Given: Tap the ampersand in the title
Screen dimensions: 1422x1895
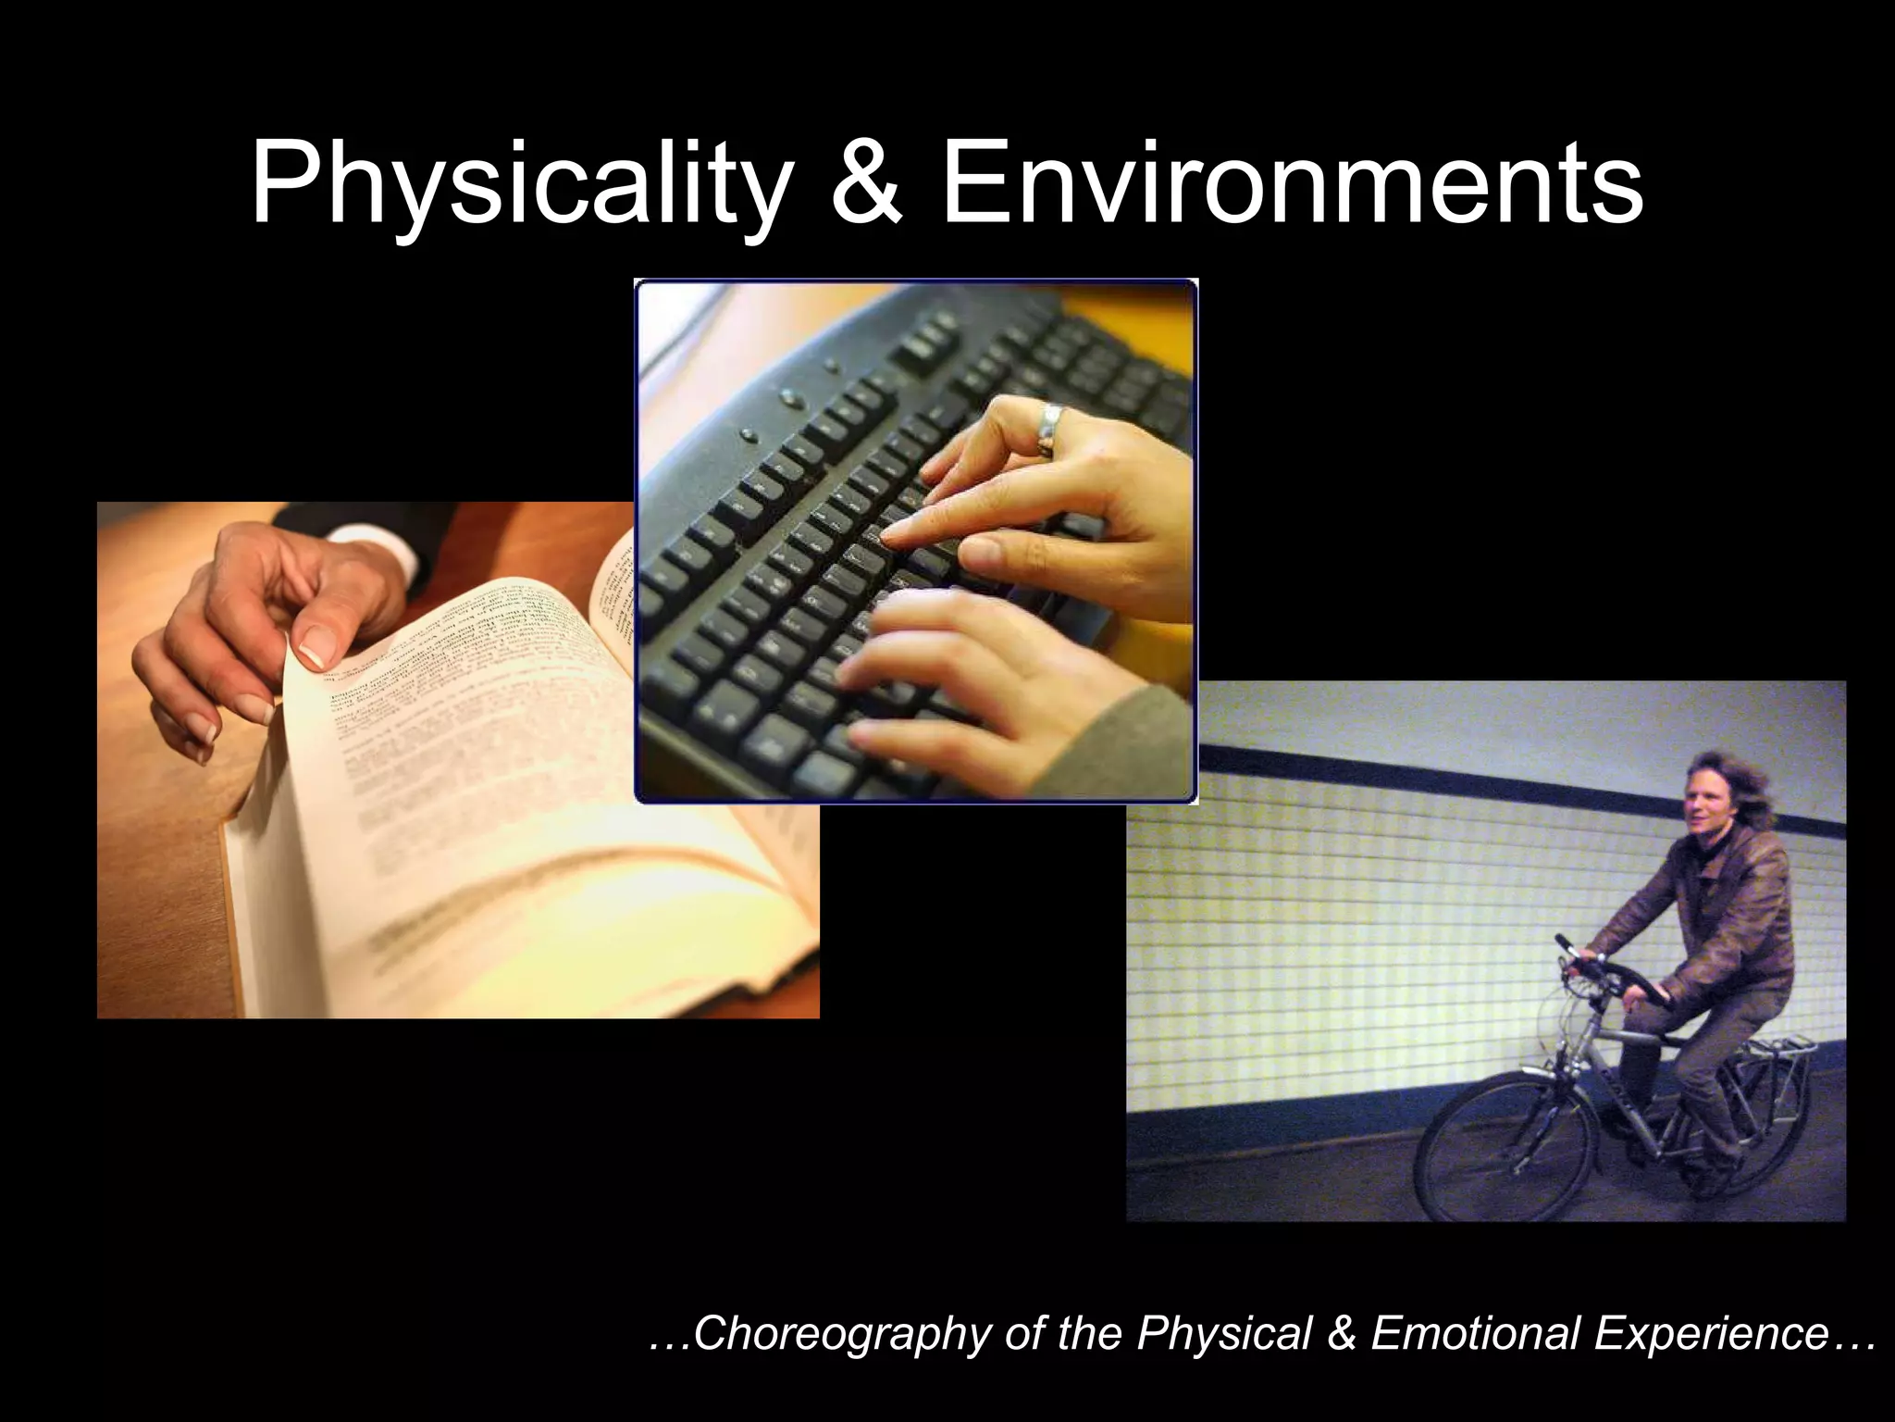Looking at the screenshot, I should point(866,186).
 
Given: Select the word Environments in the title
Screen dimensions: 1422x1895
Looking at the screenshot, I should point(1292,186).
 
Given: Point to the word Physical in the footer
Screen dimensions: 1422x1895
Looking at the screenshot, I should point(1227,1334).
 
